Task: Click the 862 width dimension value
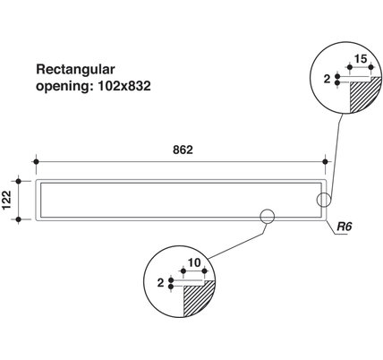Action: pos(183,150)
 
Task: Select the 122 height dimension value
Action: pos(6,200)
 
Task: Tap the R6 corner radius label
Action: pos(345,227)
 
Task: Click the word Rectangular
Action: pos(75,69)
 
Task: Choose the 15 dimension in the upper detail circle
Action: pos(361,59)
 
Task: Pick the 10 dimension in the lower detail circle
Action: pos(194,262)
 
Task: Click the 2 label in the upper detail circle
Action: pos(328,79)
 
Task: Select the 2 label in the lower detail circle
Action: pos(161,282)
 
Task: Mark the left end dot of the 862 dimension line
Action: pos(36,162)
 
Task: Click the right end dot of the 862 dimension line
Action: pos(326,162)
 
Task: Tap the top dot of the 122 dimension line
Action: pos(19,181)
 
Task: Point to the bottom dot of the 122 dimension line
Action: pos(19,219)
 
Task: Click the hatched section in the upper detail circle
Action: pos(362,96)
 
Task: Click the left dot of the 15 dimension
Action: pos(350,67)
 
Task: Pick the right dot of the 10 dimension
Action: pos(205,271)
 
